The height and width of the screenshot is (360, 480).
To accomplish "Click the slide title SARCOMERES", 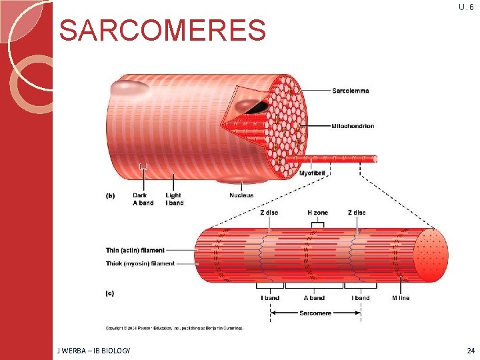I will click(x=163, y=30).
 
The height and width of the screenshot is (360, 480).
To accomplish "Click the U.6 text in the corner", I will click(x=466, y=7).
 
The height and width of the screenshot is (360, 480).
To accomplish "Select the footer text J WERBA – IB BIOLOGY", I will click(x=94, y=350).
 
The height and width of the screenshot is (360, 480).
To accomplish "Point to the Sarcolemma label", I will click(x=350, y=91).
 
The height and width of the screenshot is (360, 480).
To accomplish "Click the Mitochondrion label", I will click(x=353, y=126).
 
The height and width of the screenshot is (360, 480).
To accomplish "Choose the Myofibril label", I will click(x=313, y=173).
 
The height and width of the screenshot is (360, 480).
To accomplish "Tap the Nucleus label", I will click(x=241, y=195).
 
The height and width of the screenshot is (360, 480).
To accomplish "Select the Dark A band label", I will click(x=143, y=199).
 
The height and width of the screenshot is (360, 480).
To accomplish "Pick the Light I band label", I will click(x=174, y=199).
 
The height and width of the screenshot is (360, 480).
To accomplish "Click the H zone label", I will click(x=317, y=213).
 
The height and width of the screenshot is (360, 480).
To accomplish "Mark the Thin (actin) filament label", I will click(x=135, y=251).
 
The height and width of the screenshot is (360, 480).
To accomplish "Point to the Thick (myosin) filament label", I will click(x=140, y=263).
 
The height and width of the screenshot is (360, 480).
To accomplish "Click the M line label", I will click(x=401, y=298).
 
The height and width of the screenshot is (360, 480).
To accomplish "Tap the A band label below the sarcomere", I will click(x=314, y=298).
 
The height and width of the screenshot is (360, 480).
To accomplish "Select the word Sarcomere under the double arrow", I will click(x=313, y=313).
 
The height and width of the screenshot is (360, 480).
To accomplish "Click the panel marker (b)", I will click(x=111, y=195).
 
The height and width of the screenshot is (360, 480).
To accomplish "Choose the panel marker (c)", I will click(x=111, y=293).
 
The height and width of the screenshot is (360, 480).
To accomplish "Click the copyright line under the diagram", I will click(x=174, y=328).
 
